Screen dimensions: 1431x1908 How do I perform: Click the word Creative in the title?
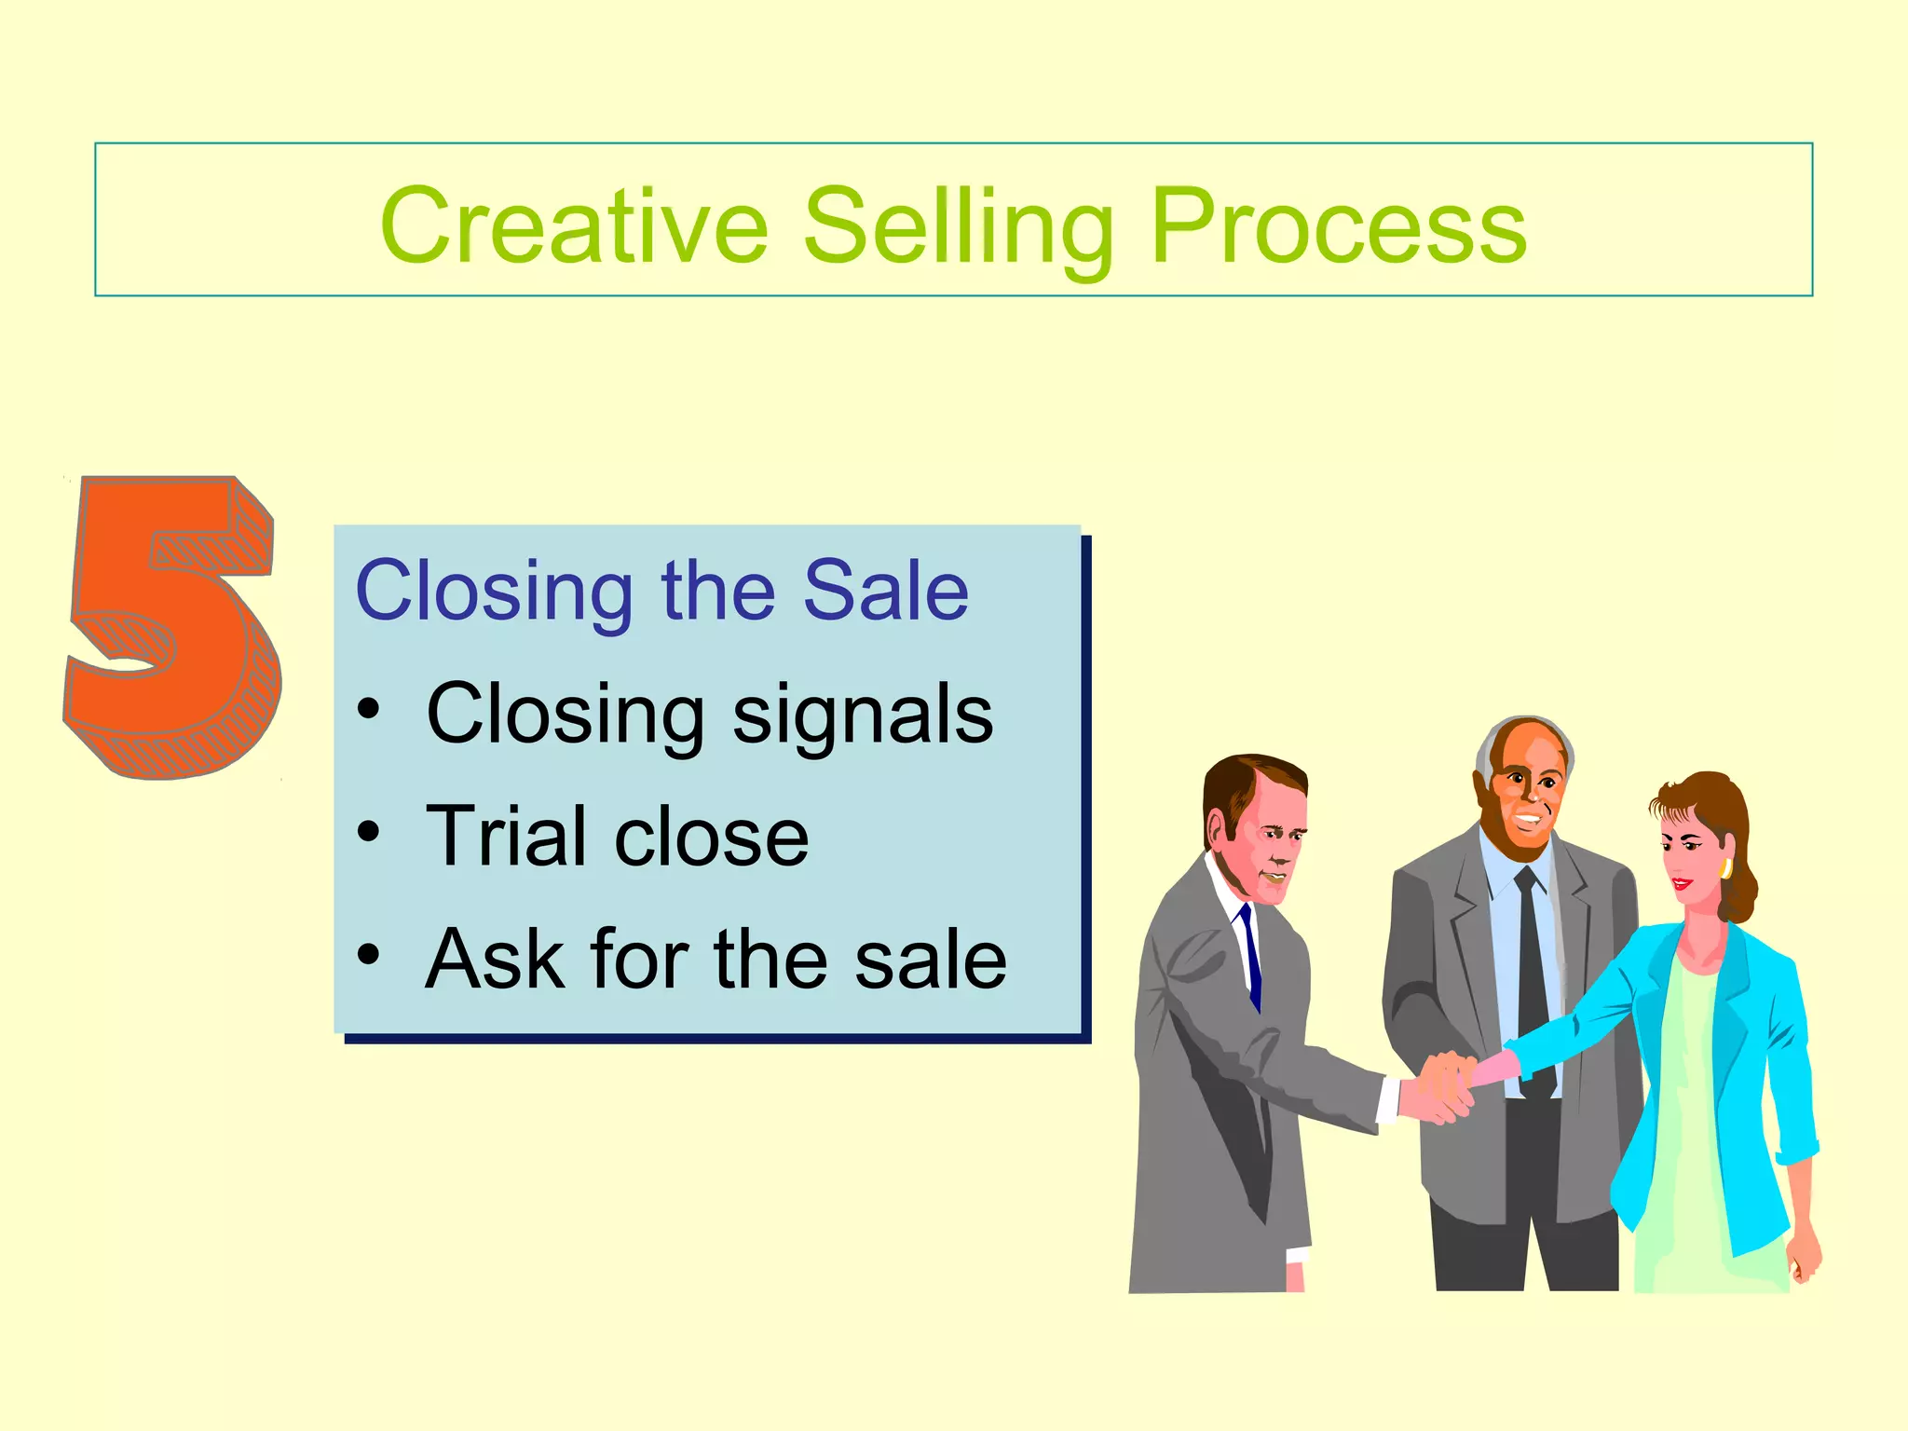point(574,226)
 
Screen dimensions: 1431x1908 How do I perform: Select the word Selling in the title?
point(959,226)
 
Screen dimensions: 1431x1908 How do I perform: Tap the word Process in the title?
point(1338,226)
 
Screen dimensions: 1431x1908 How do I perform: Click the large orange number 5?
point(173,628)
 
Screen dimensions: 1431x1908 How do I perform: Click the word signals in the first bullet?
point(863,715)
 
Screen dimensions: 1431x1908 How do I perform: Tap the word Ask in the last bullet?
point(494,959)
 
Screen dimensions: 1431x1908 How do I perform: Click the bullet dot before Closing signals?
point(369,711)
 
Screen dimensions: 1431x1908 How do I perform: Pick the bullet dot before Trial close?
point(369,832)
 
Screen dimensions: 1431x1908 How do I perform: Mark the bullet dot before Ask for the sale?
point(369,955)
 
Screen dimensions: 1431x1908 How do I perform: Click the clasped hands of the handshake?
point(1444,1085)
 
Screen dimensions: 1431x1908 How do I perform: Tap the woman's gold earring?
point(1725,868)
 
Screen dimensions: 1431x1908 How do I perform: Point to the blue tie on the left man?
point(1251,955)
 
